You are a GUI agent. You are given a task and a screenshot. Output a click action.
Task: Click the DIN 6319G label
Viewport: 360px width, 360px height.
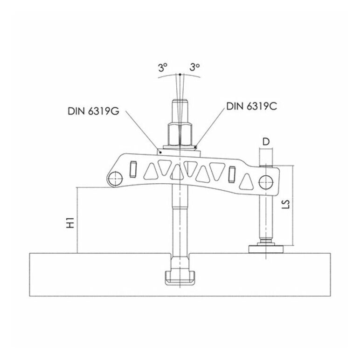(x=93, y=111)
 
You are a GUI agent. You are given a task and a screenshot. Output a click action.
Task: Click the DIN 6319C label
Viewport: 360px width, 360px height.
(x=252, y=106)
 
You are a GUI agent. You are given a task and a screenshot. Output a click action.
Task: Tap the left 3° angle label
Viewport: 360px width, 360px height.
(x=163, y=68)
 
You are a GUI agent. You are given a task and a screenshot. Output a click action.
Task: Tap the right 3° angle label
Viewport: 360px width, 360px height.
(x=195, y=67)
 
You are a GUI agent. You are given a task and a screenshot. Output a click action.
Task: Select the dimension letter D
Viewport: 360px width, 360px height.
(x=266, y=142)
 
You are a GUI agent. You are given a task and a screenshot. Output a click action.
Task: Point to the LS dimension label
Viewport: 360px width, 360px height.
(x=286, y=204)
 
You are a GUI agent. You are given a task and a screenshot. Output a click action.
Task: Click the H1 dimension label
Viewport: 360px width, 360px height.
(x=70, y=222)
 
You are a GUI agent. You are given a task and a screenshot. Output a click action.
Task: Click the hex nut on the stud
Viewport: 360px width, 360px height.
(x=180, y=134)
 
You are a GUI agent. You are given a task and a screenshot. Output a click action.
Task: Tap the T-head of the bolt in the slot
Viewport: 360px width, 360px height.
(x=180, y=277)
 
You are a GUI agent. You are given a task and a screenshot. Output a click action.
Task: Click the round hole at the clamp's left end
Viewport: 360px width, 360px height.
(x=116, y=179)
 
